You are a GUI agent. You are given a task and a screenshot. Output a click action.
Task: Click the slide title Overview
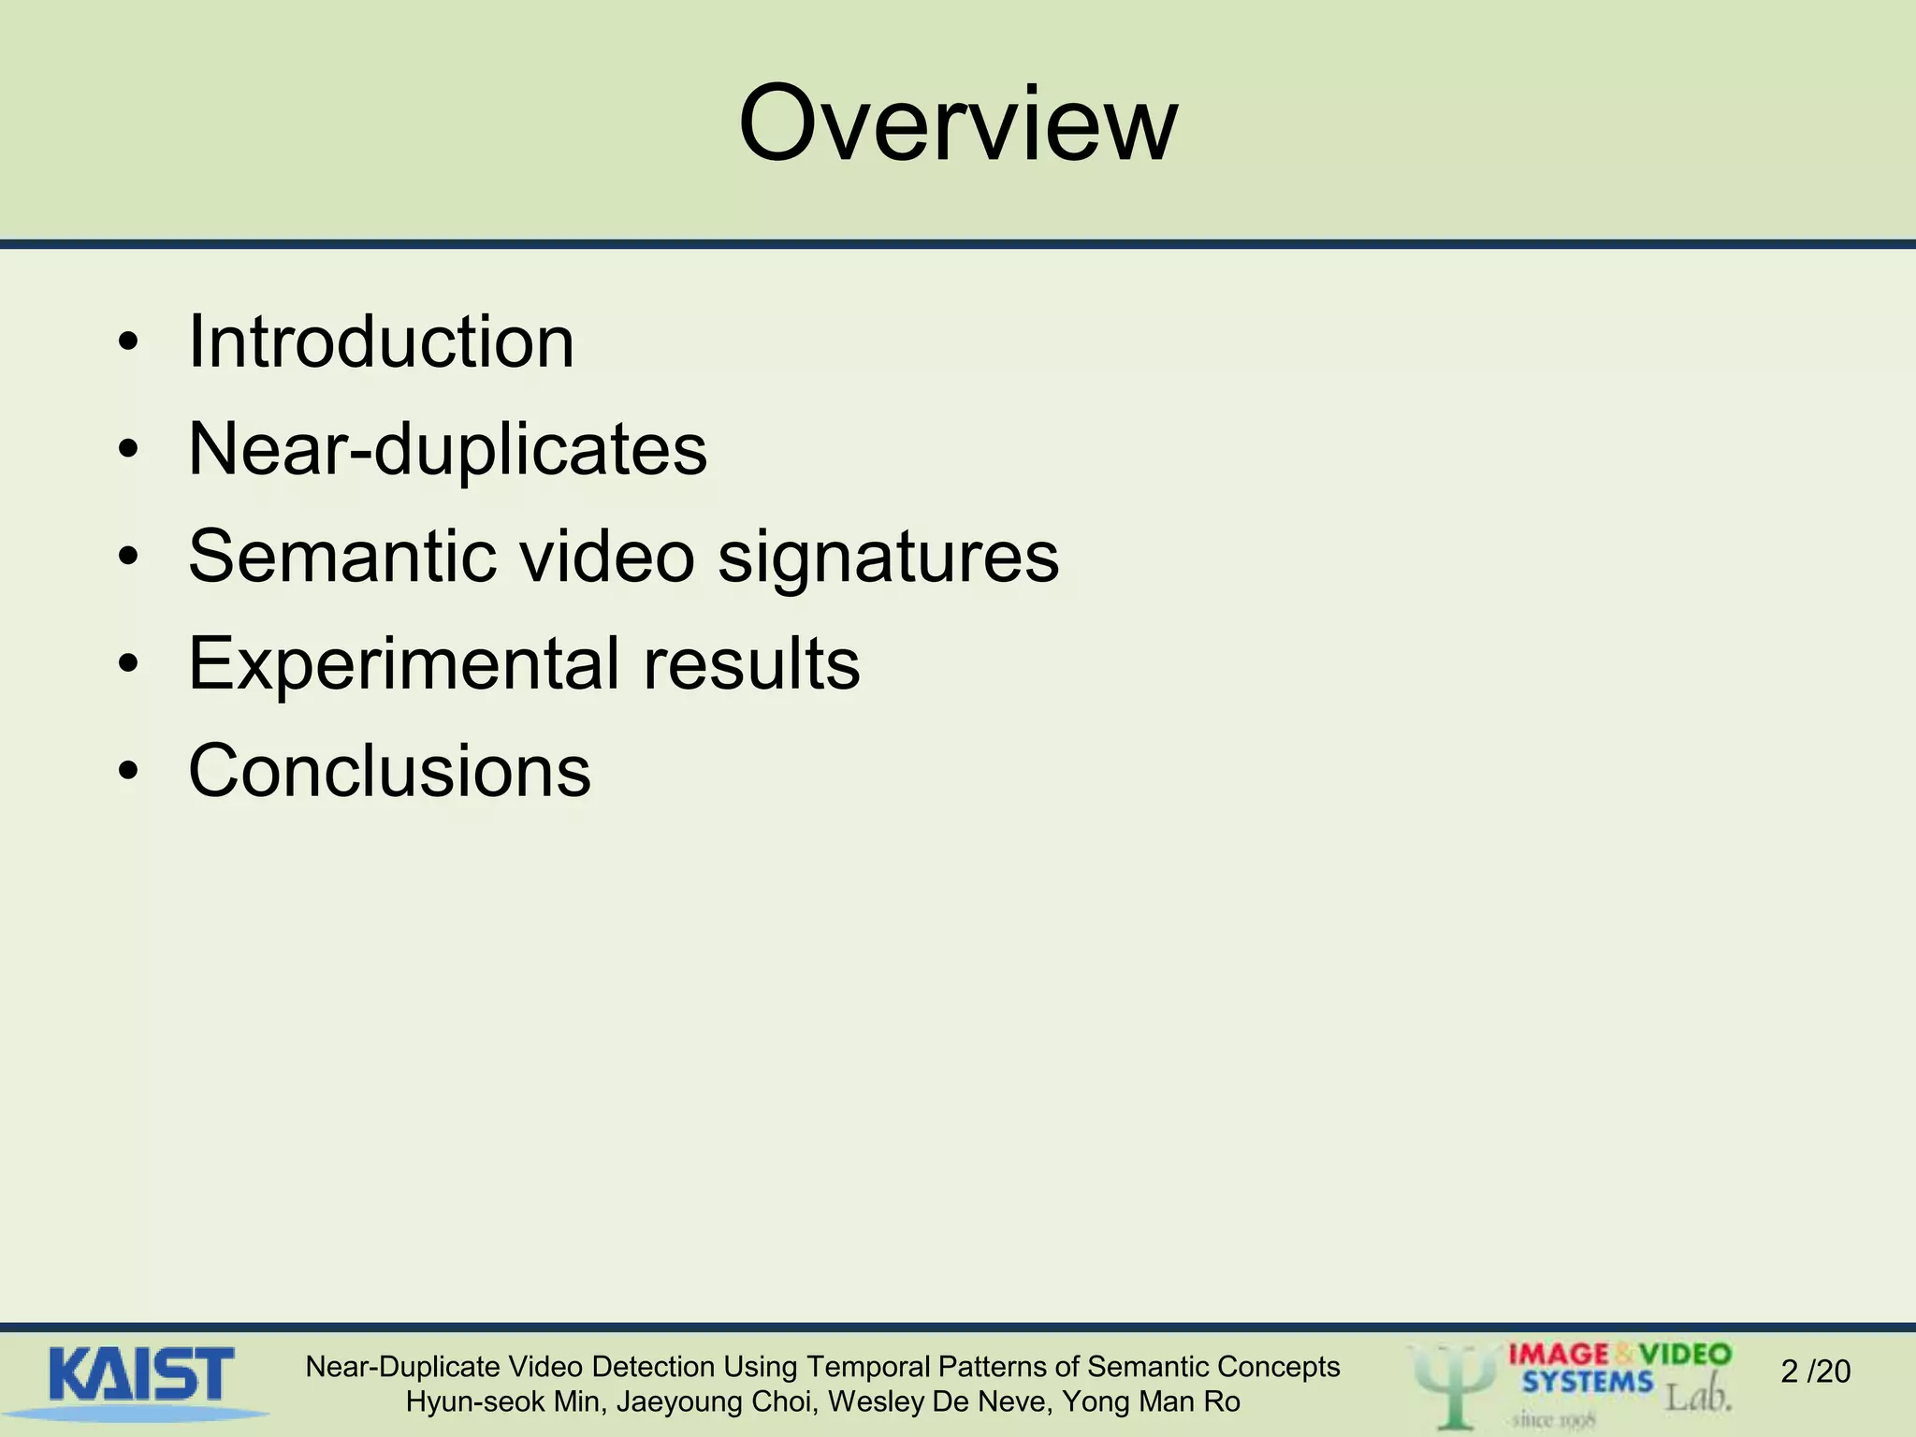tap(957, 124)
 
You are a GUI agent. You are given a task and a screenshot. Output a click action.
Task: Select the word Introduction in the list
tap(381, 341)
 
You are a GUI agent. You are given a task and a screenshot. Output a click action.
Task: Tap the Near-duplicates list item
tap(447, 450)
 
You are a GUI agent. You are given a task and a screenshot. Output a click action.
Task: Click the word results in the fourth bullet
tap(750, 663)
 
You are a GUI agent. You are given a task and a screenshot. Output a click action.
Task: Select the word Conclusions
tap(389, 771)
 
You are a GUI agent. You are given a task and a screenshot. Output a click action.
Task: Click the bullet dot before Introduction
tap(129, 343)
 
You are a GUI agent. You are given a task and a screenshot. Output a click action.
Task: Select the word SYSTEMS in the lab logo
tap(1587, 1382)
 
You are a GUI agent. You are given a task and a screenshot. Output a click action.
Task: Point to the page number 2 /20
tap(1815, 1372)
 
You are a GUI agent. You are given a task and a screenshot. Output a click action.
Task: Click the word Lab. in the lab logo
tap(1697, 1397)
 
